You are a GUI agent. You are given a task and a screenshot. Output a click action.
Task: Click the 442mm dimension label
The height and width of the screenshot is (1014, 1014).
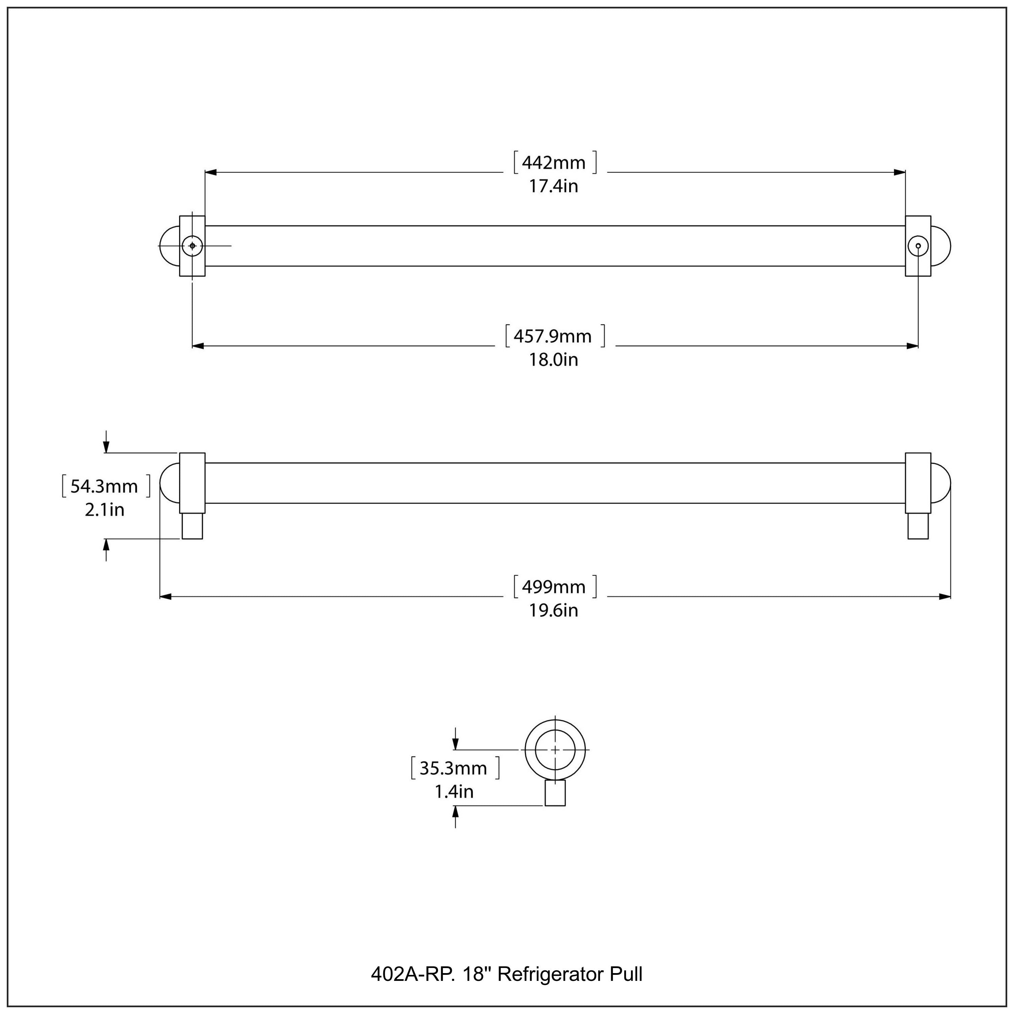[x=554, y=163]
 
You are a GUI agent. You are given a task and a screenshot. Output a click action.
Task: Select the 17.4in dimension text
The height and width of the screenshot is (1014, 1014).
[x=553, y=186]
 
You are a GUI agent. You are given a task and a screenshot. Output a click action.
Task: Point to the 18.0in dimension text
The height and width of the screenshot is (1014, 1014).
[x=553, y=360]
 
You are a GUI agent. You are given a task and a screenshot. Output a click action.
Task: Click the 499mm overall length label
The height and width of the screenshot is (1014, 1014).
[x=554, y=587]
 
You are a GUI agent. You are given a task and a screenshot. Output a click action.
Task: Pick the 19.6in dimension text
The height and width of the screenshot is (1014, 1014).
[x=553, y=610]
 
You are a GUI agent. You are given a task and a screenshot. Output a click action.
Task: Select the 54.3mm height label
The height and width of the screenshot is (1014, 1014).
[x=104, y=486]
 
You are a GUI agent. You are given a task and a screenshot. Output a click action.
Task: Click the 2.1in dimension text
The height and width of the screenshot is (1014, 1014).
[x=104, y=510]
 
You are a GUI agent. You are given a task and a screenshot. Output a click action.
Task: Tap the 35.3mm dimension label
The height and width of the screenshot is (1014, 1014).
[x=454, y=768]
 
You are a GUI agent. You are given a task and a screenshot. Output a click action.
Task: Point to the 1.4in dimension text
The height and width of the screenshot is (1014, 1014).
[x=454, y=792]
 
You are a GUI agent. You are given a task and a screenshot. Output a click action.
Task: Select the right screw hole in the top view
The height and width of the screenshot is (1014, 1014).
[x=918, y=246]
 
